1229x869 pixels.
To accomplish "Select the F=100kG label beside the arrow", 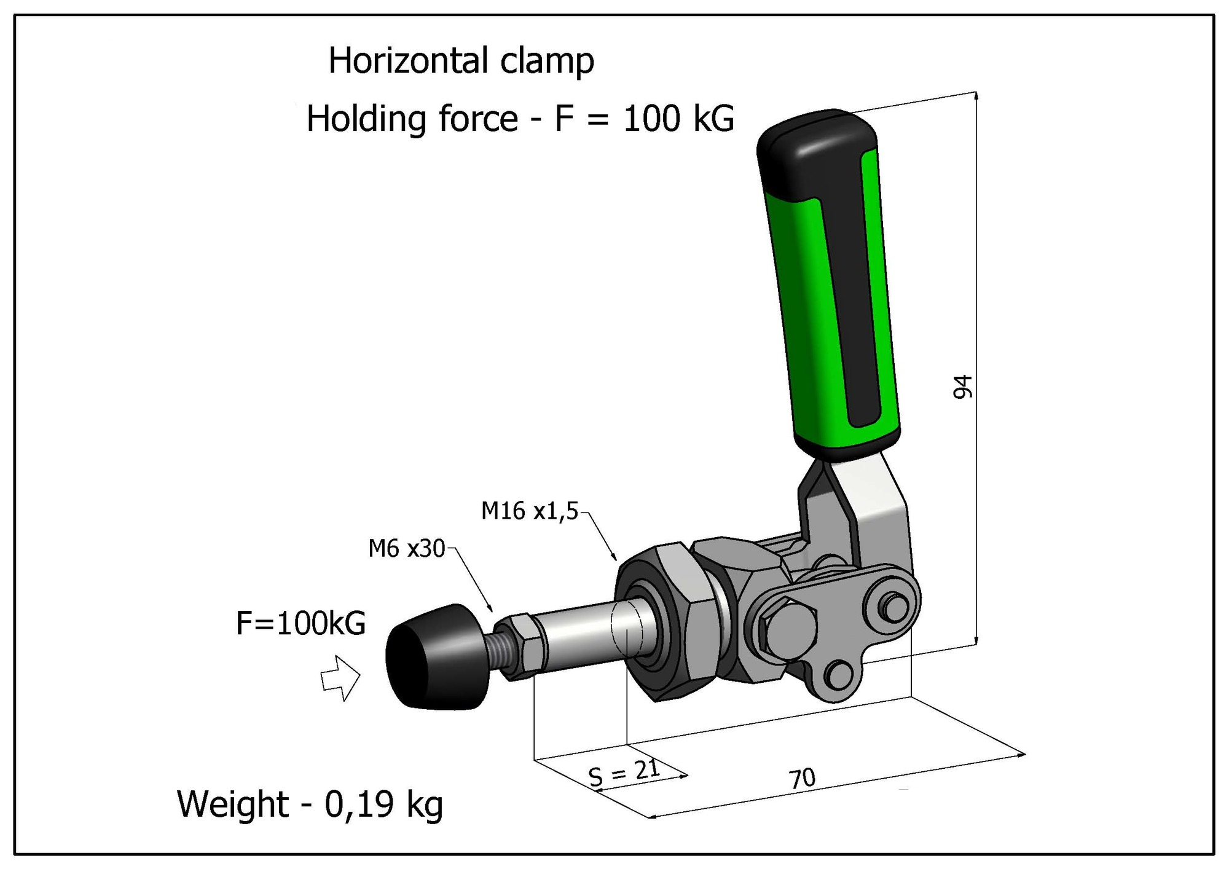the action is [x=301, y=623].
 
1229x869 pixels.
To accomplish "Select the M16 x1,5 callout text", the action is [x=530, y=511].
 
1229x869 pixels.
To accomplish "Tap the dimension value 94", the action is [x=963, y=387].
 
